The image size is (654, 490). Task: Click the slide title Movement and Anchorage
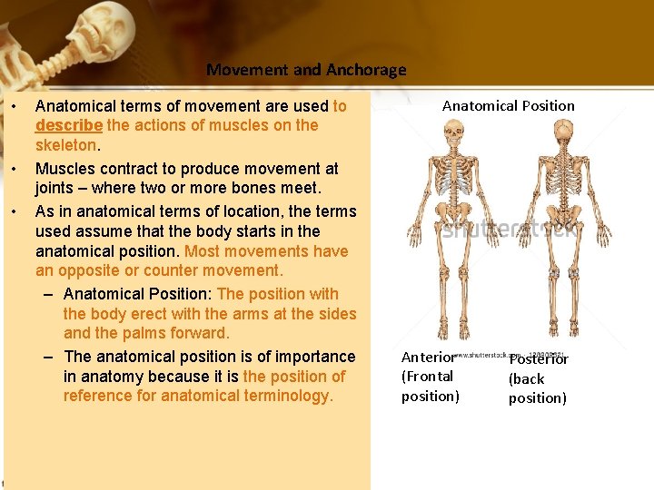[306, 70]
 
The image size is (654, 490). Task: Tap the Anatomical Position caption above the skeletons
[508, 106]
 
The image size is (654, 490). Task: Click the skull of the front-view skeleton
[451, 132]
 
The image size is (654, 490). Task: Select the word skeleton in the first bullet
[64, 146]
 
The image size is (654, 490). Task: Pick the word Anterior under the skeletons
[428, 358]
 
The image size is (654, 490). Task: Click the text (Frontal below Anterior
[427, 377]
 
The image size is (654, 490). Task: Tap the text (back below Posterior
[526, 379]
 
